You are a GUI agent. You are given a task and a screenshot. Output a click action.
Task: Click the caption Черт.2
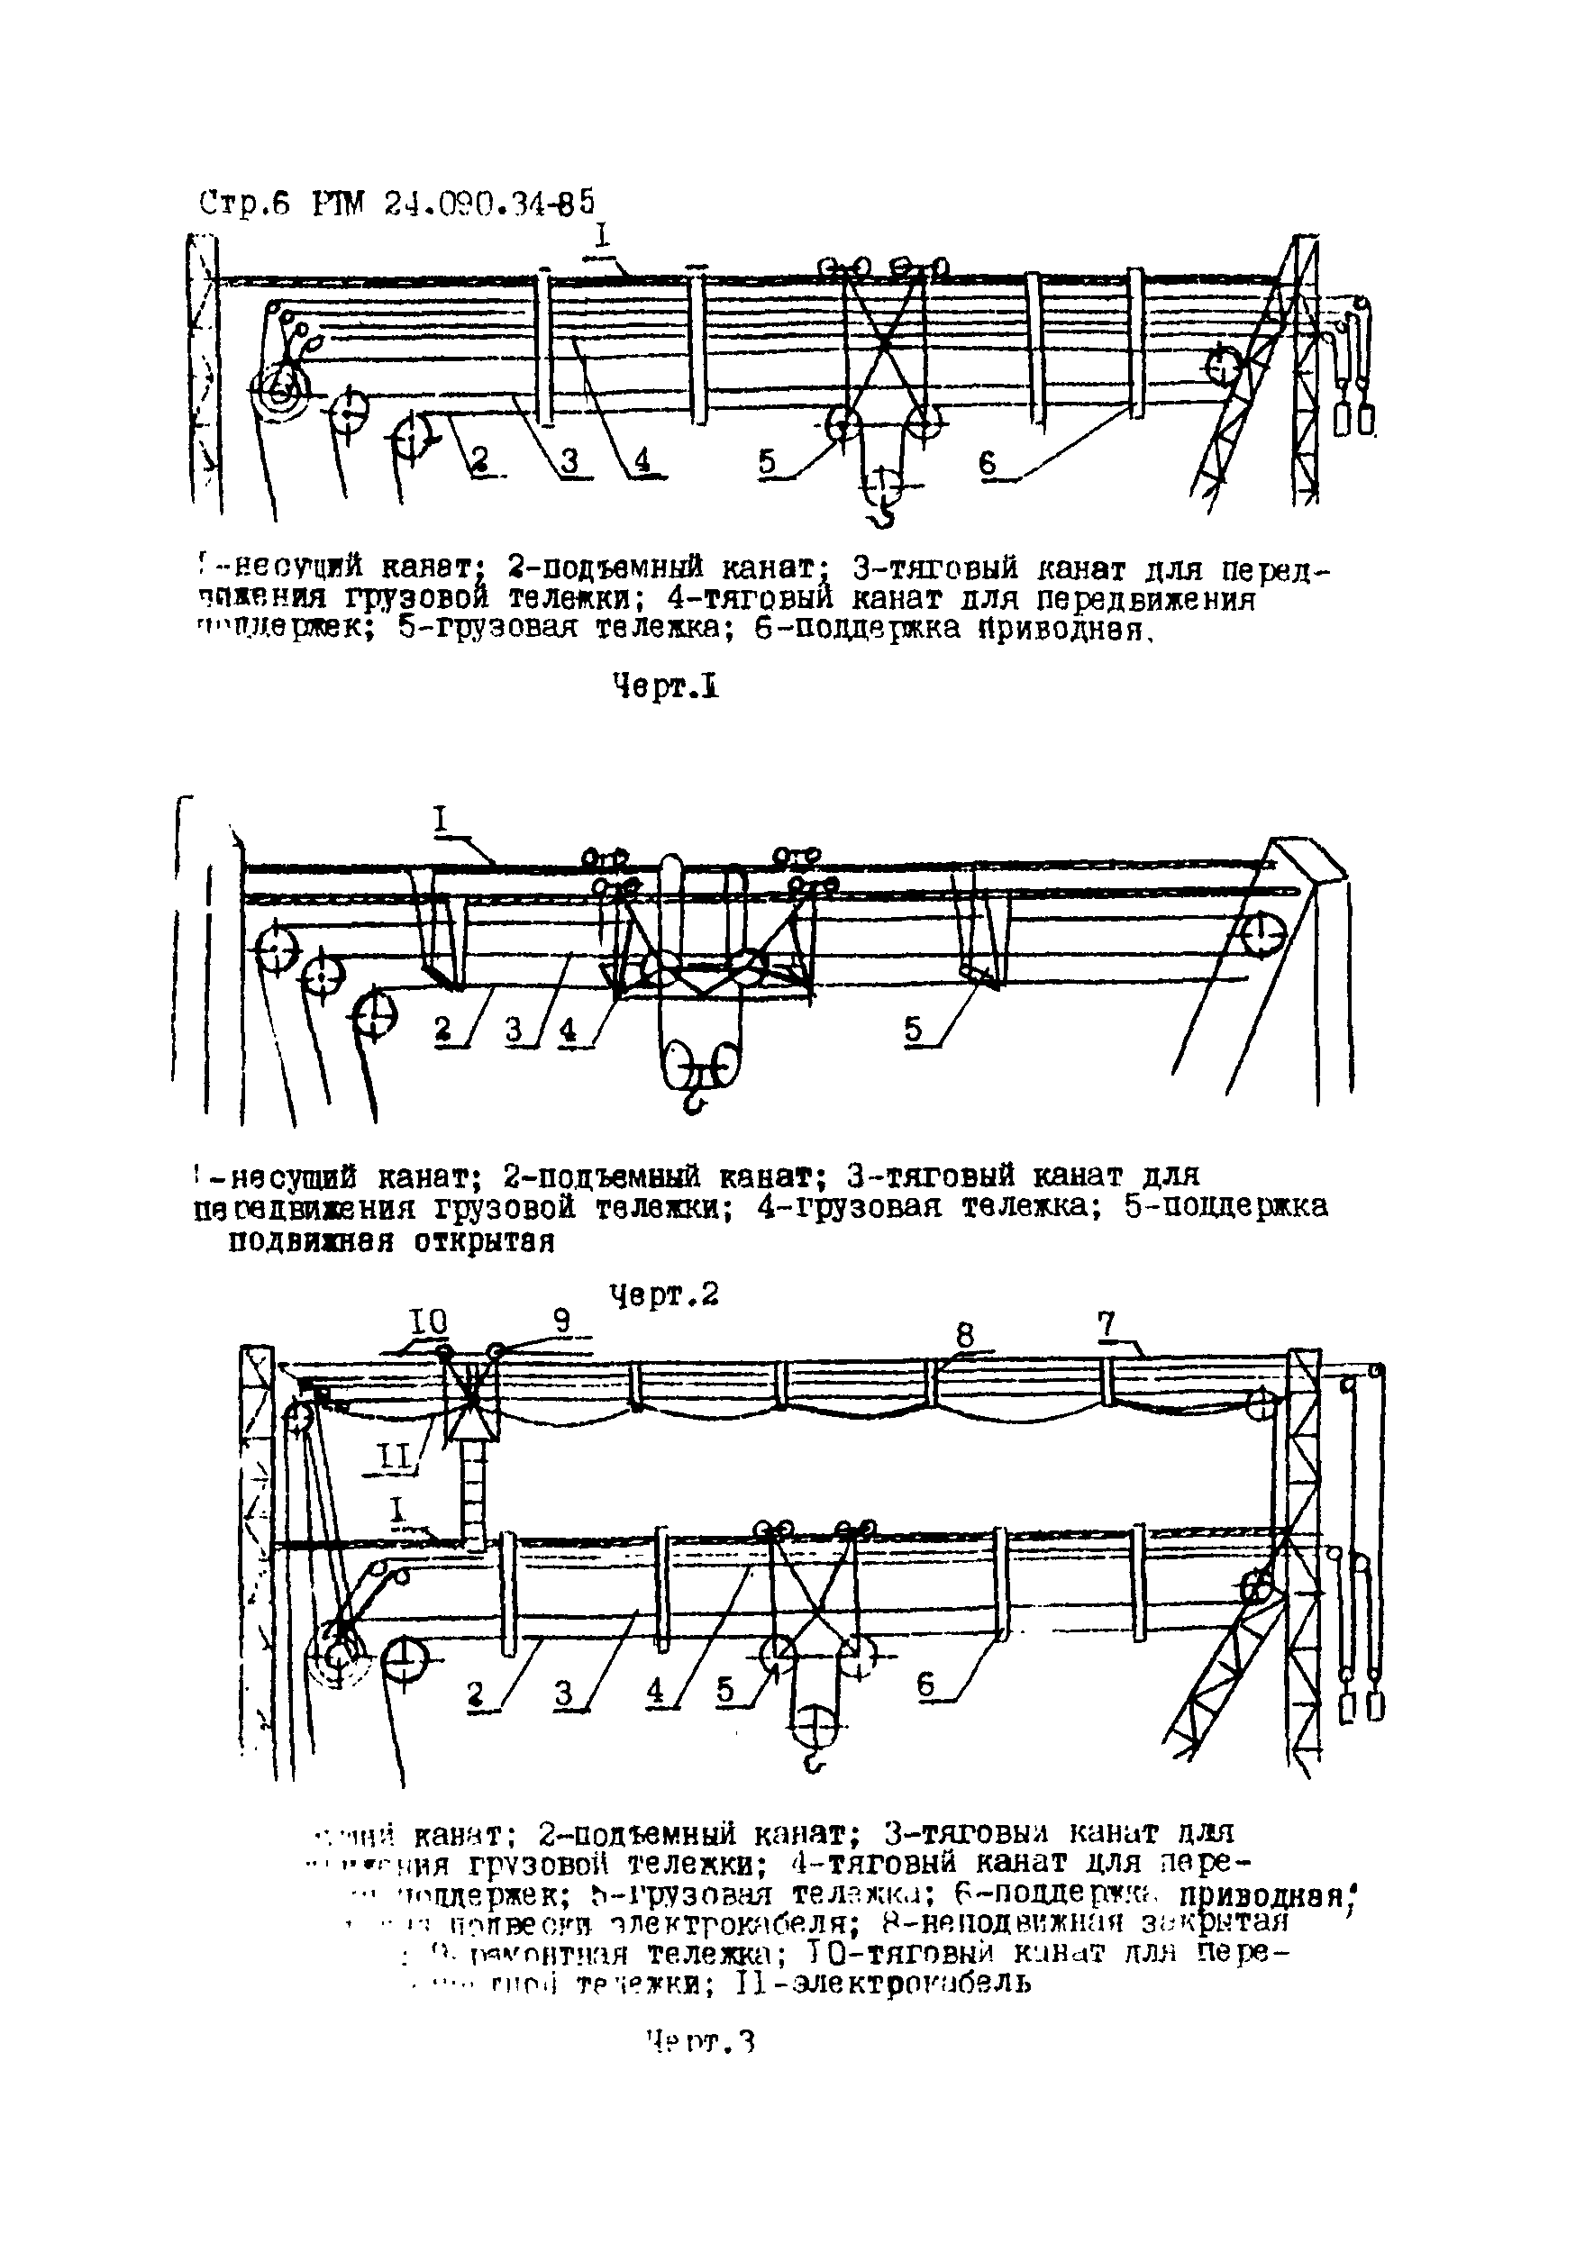pyautogui.click(x=664, y=1294)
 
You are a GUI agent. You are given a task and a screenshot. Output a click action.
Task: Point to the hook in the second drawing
pyautogui.click(x=693, y=1102)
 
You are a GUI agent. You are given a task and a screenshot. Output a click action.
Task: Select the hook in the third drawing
pyautogui.click(x=813, y=1761)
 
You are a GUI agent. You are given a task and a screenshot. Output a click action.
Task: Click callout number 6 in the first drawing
pyautogui.click(x=988, y=463)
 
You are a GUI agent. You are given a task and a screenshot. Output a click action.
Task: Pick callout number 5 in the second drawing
pyautogui.click(x=913, y=1029)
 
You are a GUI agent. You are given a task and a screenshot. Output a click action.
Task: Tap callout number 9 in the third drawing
pyautogui.click(x=562, y=1321)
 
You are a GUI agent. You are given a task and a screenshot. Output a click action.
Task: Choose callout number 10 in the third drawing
pyautogui.click(x=428, y=1321)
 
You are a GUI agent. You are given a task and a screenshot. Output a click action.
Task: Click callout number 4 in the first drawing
pyautogui.click(x=642, y=460)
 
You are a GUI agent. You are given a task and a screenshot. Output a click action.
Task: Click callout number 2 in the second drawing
pyautogui.click(x=442, y=1028)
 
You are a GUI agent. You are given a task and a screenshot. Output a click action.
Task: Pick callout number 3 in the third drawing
pyautogui.click(x=564, y=1692)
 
